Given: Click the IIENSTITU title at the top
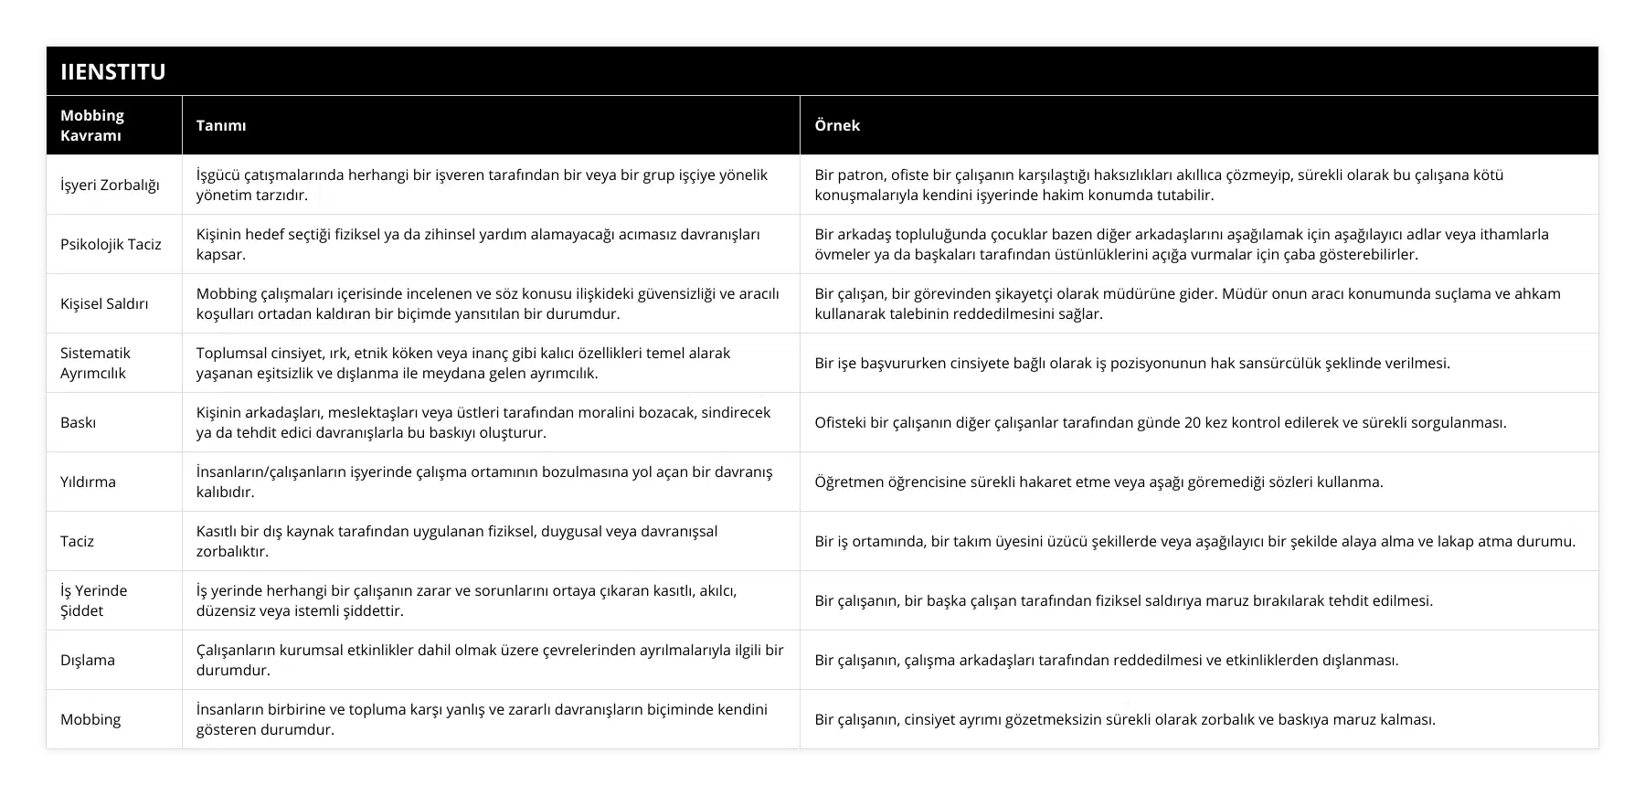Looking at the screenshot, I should pos(113,72).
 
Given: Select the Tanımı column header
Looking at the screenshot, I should pos(221,125).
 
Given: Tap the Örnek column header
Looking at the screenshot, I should pos(837,125).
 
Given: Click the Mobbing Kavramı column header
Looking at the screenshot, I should pos(91,125).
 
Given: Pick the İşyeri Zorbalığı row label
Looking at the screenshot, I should pos(110,185).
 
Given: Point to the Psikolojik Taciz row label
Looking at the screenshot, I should pos(111,244).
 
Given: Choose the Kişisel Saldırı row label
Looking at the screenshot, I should pos(104,303).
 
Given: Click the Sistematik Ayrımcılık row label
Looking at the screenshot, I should pos(95,363).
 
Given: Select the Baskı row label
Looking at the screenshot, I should pos(78,422).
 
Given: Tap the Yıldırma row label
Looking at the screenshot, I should pos(88,482).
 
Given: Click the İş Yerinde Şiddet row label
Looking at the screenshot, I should pos(93,600).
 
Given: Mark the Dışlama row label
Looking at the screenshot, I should pos(88,660).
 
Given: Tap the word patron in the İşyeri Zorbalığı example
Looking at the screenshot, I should pos(863,175).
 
